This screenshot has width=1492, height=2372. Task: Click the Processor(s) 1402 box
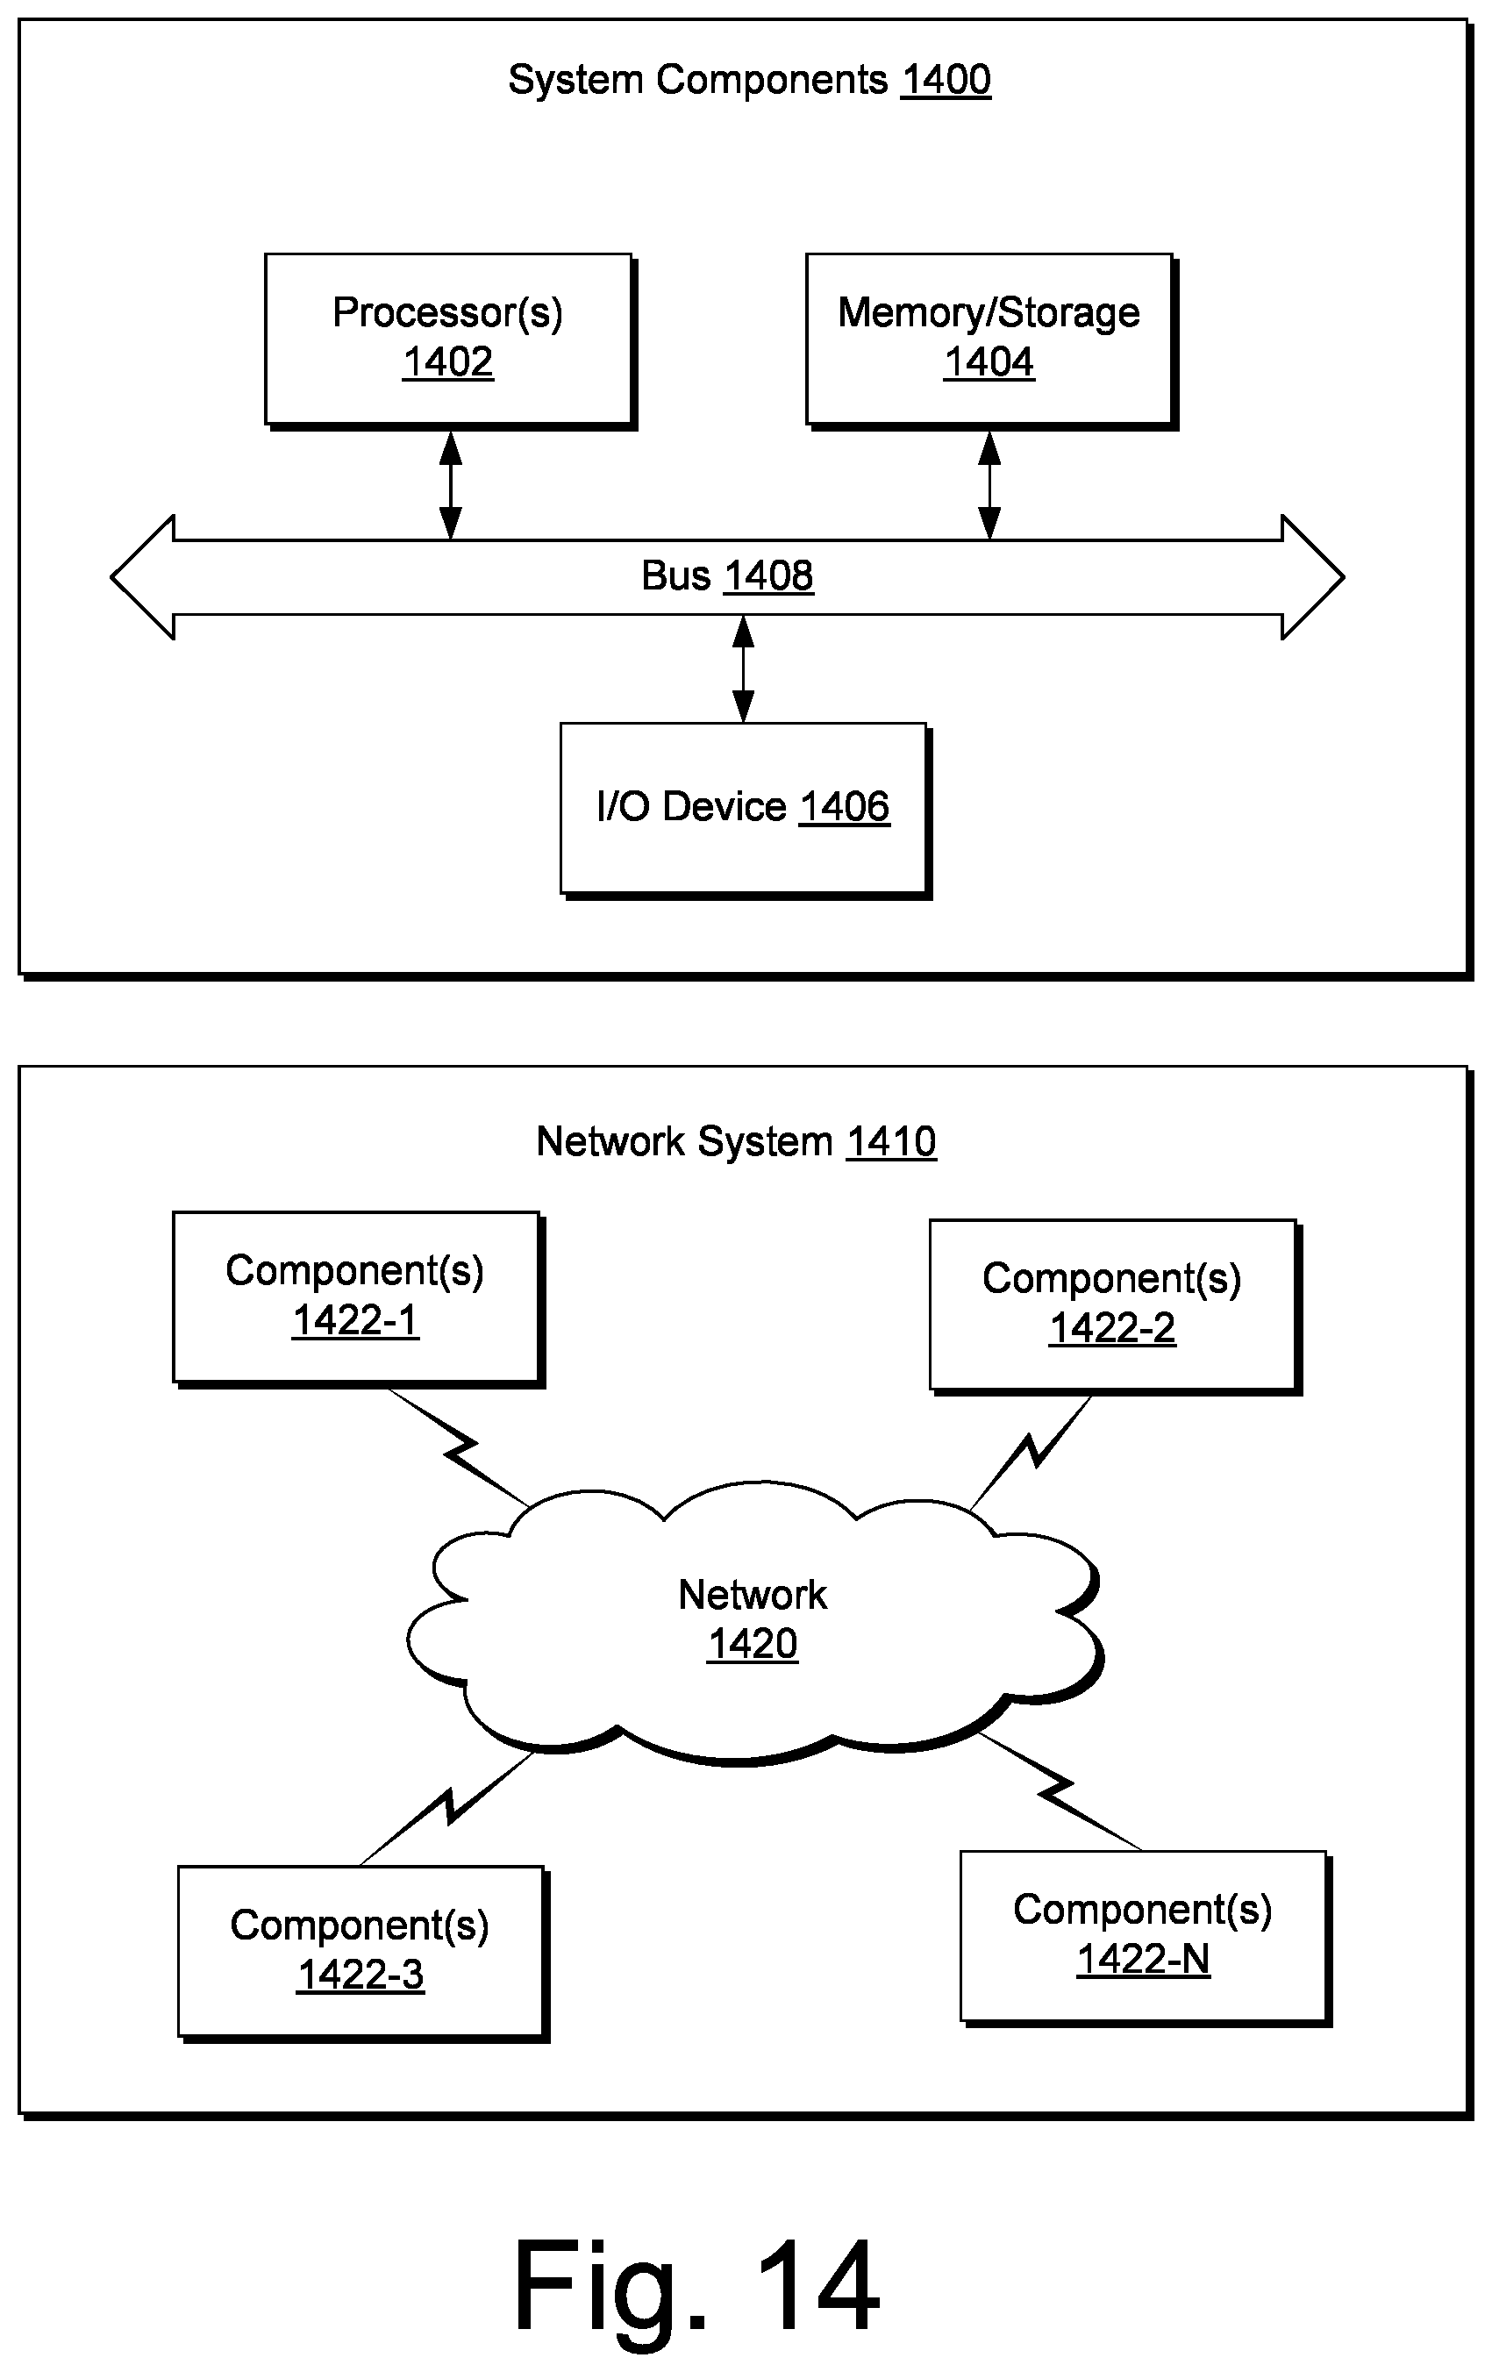[x=449, y=341]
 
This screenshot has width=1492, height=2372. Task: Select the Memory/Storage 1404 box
[x=991, y=341]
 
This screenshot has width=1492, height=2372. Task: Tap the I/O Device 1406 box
[x=745, y=810]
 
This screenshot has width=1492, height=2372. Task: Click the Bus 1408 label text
[x=727, y=576]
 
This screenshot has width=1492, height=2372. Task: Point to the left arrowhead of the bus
[x=143, y=577]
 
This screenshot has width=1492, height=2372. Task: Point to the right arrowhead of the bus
[x=1313, y=577]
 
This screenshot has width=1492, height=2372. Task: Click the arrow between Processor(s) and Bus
[x=450, y=484]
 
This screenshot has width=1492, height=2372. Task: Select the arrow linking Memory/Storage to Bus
[x=989, y=484]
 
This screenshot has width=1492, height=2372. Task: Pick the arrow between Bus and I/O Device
[x=744, y=668]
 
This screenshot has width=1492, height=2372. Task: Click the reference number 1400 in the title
[x=946, y=80]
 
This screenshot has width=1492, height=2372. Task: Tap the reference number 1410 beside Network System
[x=891, y=1141]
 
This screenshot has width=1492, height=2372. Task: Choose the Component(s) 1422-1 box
[x=359, y=1299]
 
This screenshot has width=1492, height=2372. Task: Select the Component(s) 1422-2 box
[x=1115, y=1307]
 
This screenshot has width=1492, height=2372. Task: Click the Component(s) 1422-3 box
[x=362, y=1954]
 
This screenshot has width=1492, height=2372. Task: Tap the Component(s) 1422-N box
[x=1146, y=1938]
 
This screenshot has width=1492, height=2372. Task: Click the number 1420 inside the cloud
[x=753, y=1644]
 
